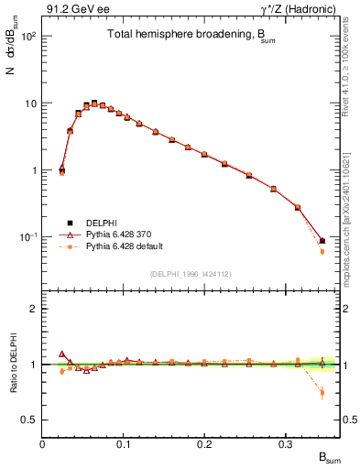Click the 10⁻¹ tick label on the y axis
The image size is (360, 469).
(27, 237)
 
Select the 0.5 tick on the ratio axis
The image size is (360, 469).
(30, 420)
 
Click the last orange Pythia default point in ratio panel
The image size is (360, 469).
(322, 393)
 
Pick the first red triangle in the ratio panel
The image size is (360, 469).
(61, 354)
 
